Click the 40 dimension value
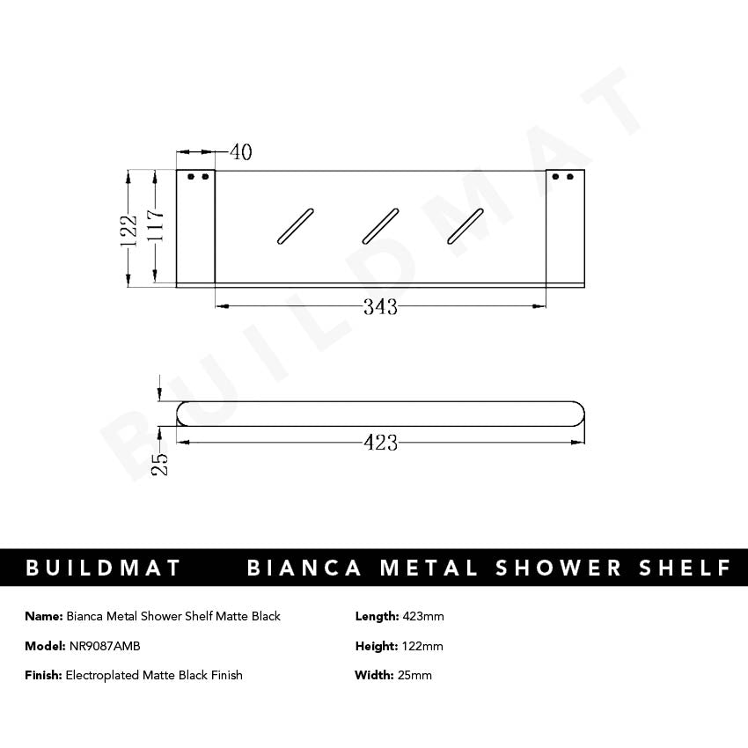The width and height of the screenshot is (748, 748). point(240,152)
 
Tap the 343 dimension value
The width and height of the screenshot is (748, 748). point(380,307)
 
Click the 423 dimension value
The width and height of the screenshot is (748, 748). point(380,443)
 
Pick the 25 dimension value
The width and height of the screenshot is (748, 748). point(159,463)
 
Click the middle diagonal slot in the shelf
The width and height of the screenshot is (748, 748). point(380,226)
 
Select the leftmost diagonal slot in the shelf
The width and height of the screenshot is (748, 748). point(294,226)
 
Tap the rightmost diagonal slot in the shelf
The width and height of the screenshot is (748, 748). point(466,226)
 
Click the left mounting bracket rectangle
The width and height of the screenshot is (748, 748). point(195,227)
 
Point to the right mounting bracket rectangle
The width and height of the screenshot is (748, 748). point(564,227)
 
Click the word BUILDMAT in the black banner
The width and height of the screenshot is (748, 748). point(103,568)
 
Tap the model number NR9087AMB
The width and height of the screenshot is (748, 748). point(104,646)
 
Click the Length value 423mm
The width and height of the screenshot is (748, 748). point(422,616)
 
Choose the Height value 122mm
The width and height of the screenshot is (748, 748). point(422,646)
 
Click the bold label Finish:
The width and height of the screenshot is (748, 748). point(43,675)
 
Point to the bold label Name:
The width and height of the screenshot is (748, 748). point(44,616)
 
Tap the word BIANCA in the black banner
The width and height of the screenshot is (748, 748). point(304,568)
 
